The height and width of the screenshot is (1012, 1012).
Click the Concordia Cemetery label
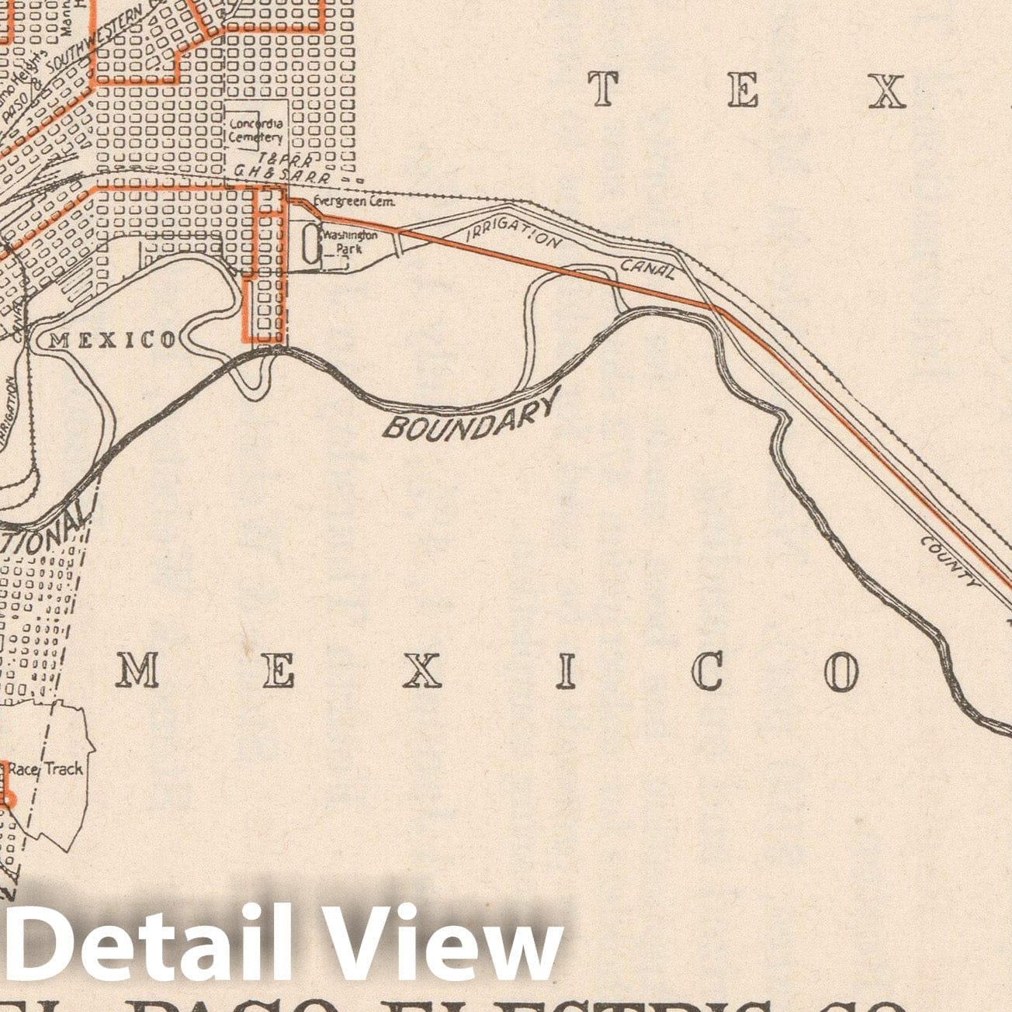255,130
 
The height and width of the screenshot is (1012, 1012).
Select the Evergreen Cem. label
354,202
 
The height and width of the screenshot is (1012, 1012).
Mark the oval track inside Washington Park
310,244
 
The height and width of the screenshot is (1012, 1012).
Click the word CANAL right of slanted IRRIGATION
647,268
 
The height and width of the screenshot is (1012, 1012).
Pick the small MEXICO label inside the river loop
112,339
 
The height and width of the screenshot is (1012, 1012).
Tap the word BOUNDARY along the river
472,417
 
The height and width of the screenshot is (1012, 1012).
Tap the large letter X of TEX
886,91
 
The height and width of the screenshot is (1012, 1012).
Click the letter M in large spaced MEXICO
137,670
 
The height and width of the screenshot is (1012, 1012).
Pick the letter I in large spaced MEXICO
567,671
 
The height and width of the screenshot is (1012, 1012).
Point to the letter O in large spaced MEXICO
840,671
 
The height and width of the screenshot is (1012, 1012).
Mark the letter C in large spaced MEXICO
707,671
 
